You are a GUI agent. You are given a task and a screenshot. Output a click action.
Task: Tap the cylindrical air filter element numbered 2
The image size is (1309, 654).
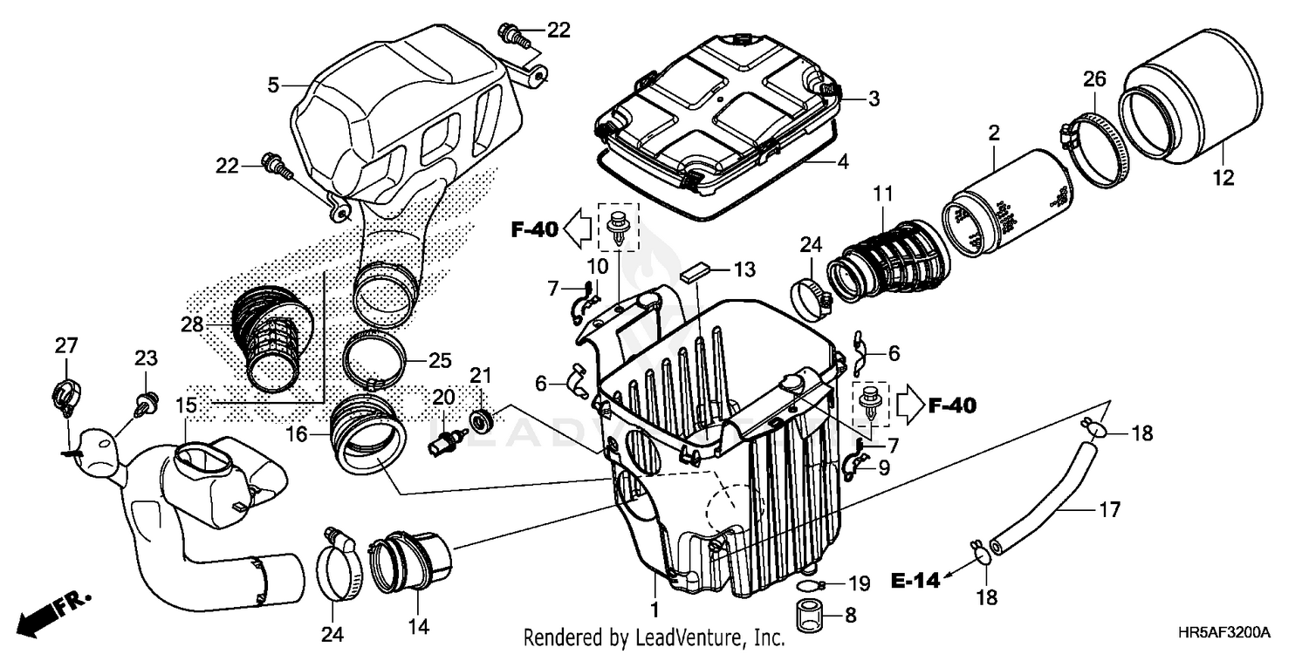pos(1008,202)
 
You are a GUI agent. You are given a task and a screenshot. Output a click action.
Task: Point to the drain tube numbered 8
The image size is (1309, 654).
pos(809,615)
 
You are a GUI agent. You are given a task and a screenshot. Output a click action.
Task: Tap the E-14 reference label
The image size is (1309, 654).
pos(915,579)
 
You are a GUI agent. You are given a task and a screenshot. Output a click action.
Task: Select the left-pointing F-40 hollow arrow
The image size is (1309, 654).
pos(577,230)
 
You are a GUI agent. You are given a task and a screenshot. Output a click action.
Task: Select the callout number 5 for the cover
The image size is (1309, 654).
pos(273,85)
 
